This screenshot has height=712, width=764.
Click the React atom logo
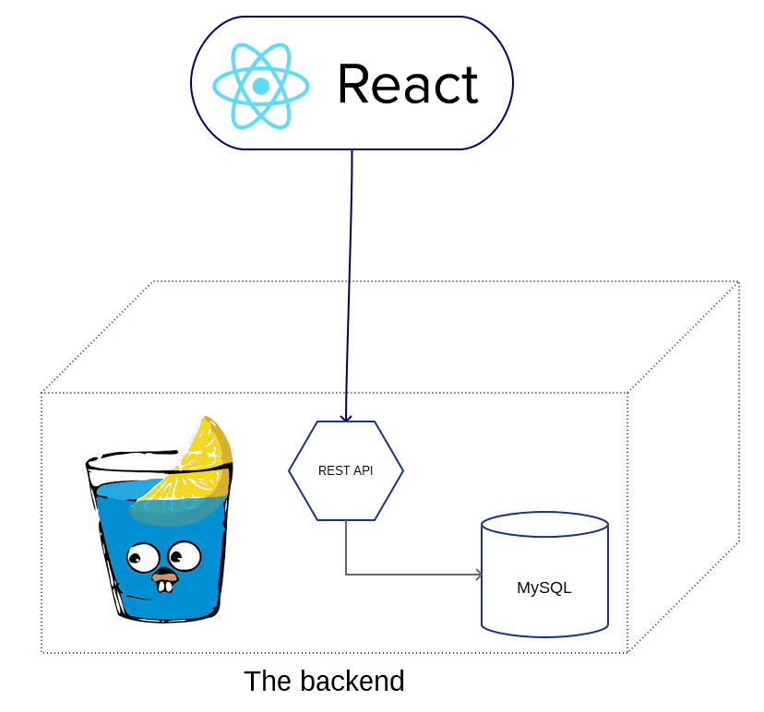point(261,86)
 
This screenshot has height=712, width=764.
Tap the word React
point(409,84)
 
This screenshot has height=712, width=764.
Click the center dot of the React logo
point(261,86)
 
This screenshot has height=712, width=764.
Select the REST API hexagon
point(346,470)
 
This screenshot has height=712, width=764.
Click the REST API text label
point(345,470)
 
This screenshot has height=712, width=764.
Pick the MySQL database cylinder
point(544,575)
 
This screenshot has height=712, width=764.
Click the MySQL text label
point(544,587)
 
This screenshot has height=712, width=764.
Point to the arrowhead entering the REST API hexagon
point(346,418)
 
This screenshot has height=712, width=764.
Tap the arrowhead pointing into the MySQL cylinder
point(479,575)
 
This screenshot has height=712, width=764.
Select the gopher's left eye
point(143,558)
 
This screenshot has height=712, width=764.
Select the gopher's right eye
point(185,555)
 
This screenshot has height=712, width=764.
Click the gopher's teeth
point(164,587)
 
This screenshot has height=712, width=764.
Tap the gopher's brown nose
point(164,576)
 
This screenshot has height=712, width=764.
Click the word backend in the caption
point(352,681)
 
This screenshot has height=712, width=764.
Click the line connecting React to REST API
point(349,285)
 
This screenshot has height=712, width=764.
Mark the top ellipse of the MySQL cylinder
point(544,524)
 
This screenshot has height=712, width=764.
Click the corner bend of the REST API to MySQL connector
point(346,575)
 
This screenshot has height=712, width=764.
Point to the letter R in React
point(352,84)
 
